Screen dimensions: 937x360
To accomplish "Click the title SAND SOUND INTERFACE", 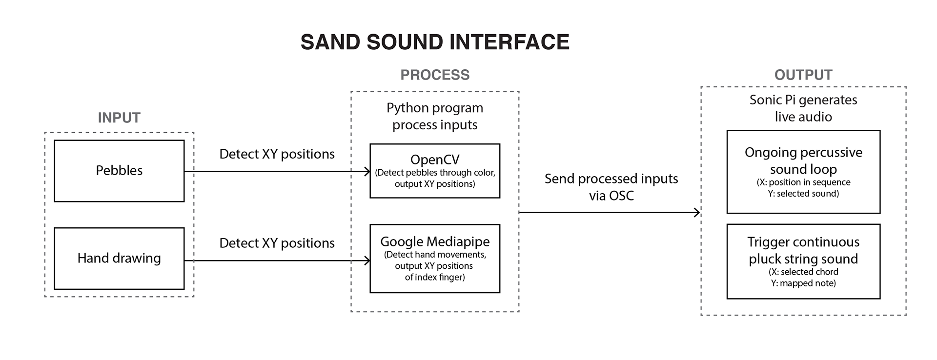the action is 435,42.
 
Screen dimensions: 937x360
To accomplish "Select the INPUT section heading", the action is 119,118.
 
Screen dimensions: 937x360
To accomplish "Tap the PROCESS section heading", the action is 435,75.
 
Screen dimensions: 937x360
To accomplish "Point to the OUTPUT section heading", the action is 803,75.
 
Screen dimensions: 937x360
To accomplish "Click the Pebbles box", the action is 119,171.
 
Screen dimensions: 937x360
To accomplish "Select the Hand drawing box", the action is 119,259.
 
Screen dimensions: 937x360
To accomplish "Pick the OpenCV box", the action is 435,171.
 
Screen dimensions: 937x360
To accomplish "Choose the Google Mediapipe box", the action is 435,259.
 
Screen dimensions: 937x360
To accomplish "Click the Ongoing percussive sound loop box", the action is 803,172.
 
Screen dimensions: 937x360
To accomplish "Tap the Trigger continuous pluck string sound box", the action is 803,261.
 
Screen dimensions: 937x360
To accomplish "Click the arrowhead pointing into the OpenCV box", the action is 367,171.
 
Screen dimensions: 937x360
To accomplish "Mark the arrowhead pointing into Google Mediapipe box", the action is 367,260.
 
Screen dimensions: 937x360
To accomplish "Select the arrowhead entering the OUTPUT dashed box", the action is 697,212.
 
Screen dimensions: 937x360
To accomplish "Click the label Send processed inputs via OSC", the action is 611,187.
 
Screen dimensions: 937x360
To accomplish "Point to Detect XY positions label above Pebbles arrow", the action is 277,154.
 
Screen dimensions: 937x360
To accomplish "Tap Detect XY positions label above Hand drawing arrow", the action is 277,243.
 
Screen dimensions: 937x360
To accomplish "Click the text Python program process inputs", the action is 435,116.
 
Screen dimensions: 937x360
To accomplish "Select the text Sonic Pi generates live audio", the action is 803,108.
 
